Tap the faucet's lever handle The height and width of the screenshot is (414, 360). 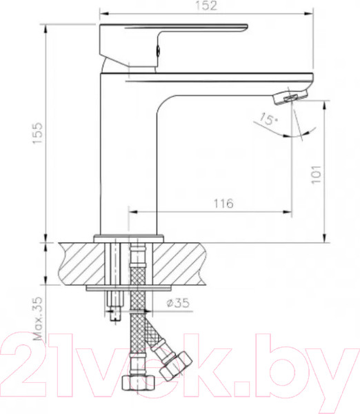[172, 34]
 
